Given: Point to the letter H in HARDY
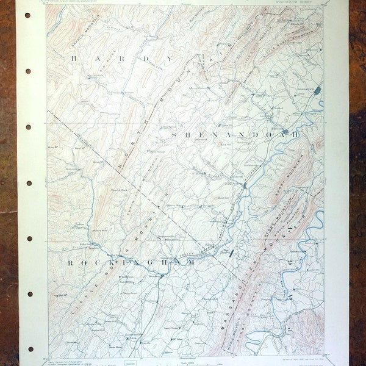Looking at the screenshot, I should [x=74, y=59].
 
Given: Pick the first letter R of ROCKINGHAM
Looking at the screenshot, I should [x=70, y=263].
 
